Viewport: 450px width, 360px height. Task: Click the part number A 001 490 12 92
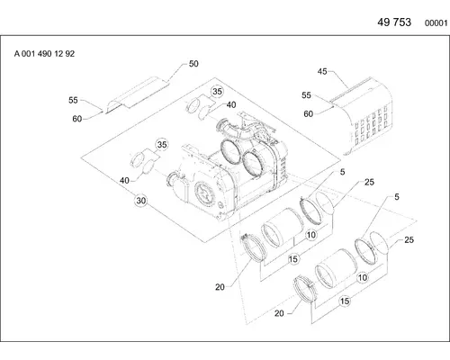(44, 54)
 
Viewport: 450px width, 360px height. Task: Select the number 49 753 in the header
(394, 22)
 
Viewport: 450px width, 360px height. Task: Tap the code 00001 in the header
(436, 23)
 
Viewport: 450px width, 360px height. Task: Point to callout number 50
(193, 64)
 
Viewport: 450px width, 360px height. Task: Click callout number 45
(322, 72)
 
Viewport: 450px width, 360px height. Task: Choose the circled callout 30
(141, 201)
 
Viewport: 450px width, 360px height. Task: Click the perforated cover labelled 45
(363, 117)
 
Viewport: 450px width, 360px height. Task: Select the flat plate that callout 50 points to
(138, 94)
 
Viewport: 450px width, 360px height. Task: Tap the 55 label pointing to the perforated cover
(306, 95)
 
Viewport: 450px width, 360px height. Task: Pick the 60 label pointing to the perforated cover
(309, 114)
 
